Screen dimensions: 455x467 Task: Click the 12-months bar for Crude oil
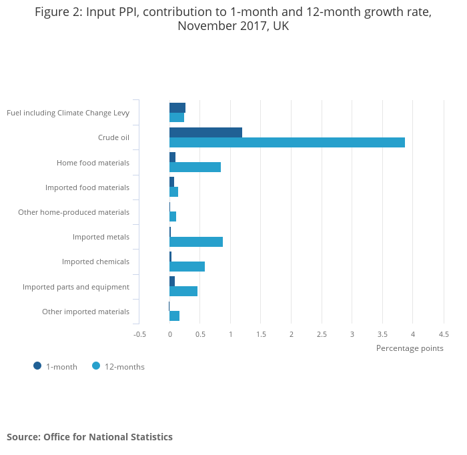click(x=287, y=142)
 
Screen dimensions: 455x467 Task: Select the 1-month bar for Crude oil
click(x=205, y=132)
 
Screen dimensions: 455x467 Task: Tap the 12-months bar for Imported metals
click(x=196, y=242)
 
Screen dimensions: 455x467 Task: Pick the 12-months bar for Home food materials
click(x=195, y=167)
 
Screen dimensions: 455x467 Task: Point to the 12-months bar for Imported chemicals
click(x=187, y=266)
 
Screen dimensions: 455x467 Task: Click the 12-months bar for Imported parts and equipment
click(x=183, y=291)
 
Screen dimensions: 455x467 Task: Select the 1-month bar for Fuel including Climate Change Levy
click(x=177, y=107)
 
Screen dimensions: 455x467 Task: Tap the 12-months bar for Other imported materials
click(x=174, y=316)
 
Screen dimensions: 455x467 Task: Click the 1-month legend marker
click(x=37, y=366)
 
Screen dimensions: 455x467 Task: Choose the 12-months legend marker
click(x=96, y=366)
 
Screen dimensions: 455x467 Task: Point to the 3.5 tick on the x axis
click(x=382, y=334)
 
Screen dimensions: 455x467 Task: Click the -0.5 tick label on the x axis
click(x=139, y=334)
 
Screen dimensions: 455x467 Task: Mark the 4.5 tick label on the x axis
click(x=444, y=334)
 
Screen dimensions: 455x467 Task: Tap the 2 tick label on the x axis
click(x=292, y=334)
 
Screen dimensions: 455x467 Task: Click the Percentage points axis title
click(x=410, y=348)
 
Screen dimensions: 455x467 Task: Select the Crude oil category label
click(x=113, y=137)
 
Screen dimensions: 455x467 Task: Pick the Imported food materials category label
click(x=87, y=187)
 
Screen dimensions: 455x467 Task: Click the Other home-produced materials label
click(x=73, y=212)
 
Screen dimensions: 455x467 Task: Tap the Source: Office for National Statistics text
click(x=89, y=437)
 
